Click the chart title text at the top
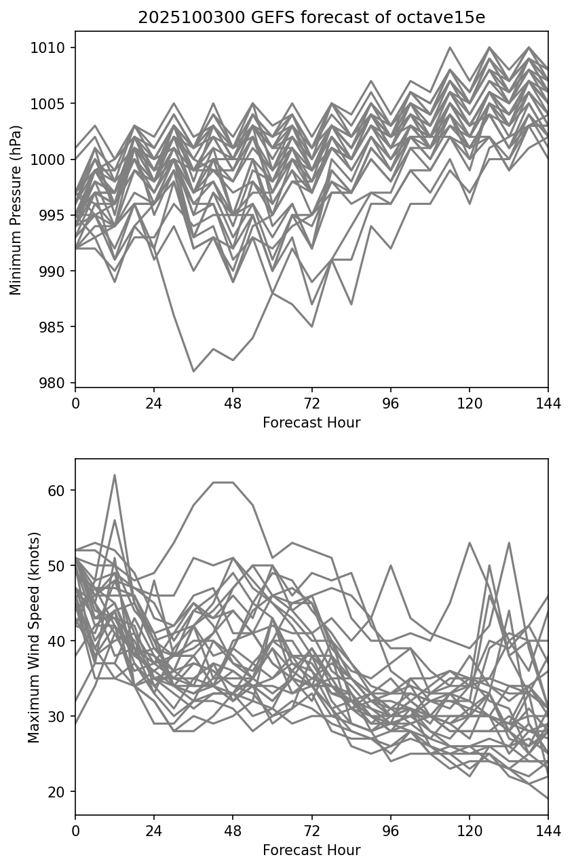(311, 18)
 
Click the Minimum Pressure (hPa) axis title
(16, 210)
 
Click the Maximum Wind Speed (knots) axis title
(34, 637)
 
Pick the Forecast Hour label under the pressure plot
(311, 423)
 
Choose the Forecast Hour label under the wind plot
(311, 850)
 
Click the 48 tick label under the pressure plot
(233, 404)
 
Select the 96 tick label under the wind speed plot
(391, 831)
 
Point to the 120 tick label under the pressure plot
(470, 404)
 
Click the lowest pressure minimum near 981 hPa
(193, 371)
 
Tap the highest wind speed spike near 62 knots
(115, 475)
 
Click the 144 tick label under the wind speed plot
(548, 831)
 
